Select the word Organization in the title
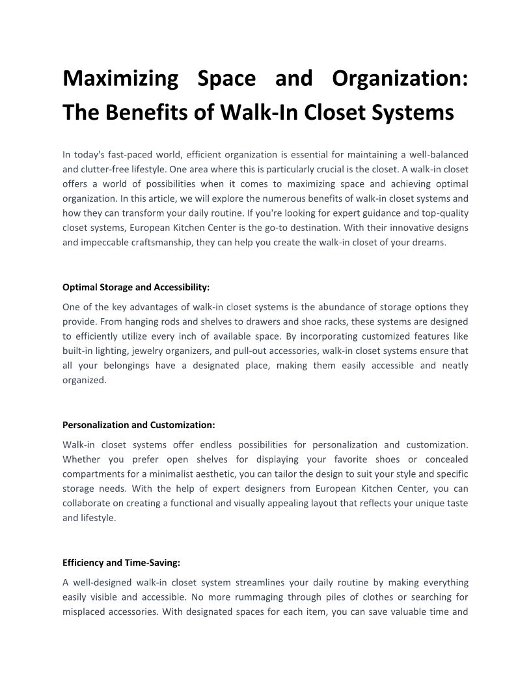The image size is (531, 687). [400, 79]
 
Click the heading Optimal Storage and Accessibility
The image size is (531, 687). [136, 287]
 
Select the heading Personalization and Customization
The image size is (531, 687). [139, 425]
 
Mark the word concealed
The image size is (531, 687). [446, 459]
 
